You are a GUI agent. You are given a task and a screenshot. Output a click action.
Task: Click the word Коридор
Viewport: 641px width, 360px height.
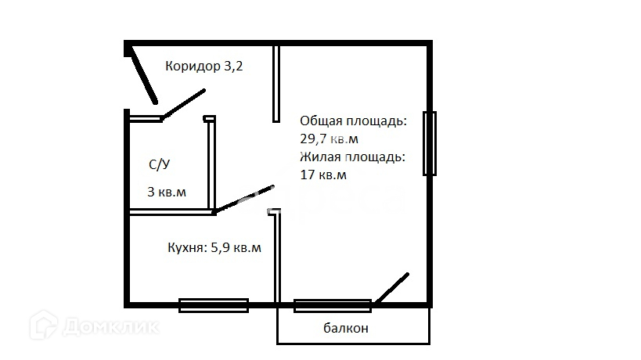tap(193, 67)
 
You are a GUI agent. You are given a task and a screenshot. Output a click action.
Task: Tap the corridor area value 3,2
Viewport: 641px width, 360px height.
tap(233, 67)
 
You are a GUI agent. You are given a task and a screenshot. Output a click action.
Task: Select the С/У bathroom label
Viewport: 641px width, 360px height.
tap(160, 164)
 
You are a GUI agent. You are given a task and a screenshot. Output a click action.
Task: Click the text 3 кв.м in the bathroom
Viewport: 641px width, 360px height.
tap(167, 192)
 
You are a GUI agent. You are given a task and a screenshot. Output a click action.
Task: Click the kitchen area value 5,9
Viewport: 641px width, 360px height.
tap(220, 247)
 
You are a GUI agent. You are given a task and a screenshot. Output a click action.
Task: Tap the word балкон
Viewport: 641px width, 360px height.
tap(346, 328)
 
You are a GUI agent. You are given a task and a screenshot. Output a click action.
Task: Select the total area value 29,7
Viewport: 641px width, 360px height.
tap(313, 139)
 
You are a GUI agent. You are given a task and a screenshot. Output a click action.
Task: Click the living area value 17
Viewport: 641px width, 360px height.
tap(308, 175)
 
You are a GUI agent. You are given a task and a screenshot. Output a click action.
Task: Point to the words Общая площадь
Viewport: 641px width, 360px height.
tap(353, 121)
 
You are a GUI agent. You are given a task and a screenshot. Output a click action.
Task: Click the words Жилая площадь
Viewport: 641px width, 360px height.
tap(352, 157)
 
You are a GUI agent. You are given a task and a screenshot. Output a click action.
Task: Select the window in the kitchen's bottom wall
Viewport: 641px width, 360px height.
tap(214, 305)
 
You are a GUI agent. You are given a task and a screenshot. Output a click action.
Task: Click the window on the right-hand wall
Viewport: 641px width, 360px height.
tap(429, 143)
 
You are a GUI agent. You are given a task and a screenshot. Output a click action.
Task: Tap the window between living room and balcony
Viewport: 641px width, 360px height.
tap(333, 306)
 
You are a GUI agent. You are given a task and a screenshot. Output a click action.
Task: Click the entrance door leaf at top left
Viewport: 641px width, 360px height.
tap(143, 74)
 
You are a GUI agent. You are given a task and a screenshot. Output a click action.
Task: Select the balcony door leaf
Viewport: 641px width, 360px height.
tap(391, 288)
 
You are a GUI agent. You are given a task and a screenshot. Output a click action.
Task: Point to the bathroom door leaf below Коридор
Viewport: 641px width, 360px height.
tap(183, 104)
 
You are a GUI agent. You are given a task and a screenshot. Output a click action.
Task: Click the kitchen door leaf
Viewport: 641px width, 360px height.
tap(244, 199)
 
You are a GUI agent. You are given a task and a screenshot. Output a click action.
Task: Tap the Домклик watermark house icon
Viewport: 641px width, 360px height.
tap(43, 325)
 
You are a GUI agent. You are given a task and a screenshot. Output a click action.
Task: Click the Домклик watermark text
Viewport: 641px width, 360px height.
tap(111, 327)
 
